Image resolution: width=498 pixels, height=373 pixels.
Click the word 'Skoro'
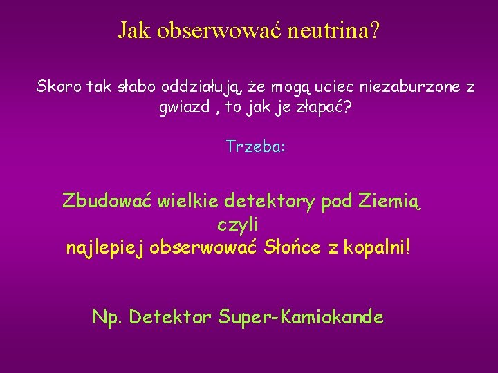pyautogui.click(x=59, y=87)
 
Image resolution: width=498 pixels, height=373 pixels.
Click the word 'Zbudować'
pyautogui.click(x=107, y=201)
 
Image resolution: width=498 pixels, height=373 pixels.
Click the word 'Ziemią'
pyautogui.click(x=390, y=202)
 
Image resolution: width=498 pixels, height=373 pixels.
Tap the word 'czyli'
pyautogui.click(x=237, y=224)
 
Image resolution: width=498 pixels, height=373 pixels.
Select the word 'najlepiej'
pyautogui.click(x=104, y=248)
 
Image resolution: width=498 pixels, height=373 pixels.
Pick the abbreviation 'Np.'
pyautogui.click(x=107, y=317)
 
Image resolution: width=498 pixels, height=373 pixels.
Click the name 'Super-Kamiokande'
pyautogui.click(x=301, y=317)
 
